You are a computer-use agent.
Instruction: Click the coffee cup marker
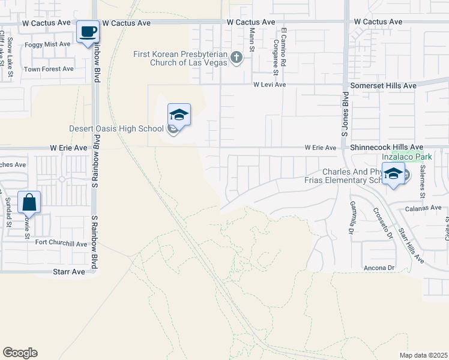[88, 32]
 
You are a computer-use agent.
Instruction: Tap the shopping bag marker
[29, 203]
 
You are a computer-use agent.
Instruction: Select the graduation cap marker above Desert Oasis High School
[178, 114]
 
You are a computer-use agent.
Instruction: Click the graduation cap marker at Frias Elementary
[393, 174]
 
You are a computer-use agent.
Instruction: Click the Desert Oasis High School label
[116, 128]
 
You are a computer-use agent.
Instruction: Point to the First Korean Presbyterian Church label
[179, 59]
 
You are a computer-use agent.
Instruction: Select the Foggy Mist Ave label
[49, 44]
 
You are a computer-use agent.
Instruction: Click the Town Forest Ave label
[49, 69]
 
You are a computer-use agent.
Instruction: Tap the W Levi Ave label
[270, 85]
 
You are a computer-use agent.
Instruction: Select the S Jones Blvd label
[345, 112]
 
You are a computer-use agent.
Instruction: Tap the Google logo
[20, 353]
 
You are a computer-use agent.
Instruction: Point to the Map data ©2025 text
[423, 355]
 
